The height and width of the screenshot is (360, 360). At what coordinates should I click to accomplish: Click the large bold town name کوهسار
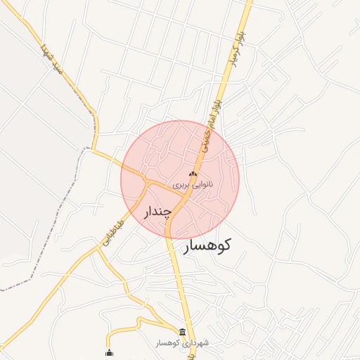tap(207, 246)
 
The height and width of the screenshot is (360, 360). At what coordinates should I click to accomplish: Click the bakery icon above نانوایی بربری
tap(193, 174)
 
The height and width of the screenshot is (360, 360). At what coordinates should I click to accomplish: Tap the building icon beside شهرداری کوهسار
tap(183, 332)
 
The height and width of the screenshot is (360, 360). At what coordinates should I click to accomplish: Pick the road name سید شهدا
tap(53, 60)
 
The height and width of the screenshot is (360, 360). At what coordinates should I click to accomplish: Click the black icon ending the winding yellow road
tap(108, 353)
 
